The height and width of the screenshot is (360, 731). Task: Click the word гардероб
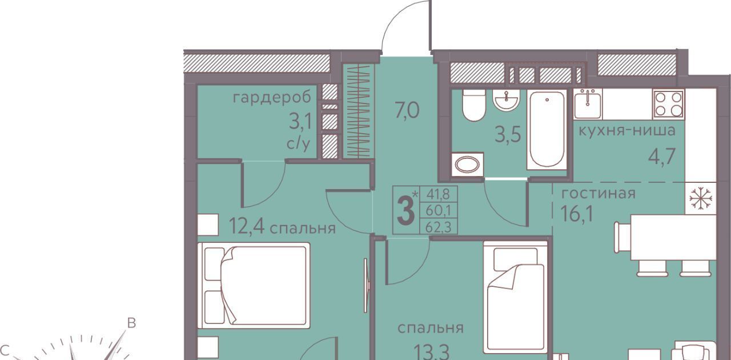pyautogui.click(x=272, y=98)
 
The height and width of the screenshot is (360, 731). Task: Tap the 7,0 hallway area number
pyautogui.click(x=407, y=110)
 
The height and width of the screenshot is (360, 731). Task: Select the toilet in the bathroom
pyautogui.click(x=474, y=105)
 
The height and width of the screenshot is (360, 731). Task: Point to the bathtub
pyautogui.click(x=547, y=130)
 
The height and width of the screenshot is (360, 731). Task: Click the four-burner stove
pyautogui.click(x=669, y=105)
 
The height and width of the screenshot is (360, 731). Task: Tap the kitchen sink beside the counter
pyautogui.click(x=588, y=104)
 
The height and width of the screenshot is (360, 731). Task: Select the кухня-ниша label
pyautogui.click(x=627, y=131)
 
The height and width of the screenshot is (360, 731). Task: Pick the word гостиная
pyautogui.click(x=599, y=193)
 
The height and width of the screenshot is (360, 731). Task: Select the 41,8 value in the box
pyautogui.click(x=438, y=194)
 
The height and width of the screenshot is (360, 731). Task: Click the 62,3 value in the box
pyautogui.click(x=438, y=227)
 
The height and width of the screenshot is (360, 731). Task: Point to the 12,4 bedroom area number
pyautogui.click(x=247, y=226)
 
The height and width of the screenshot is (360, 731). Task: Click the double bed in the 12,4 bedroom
pyautogui.click(x=254, y=285)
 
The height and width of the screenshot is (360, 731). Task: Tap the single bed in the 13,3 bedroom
pyautogui.click(x=515, y=297)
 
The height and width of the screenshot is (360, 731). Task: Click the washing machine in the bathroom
pyautogui.click(x=467, y=165)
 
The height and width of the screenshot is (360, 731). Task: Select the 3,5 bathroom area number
pyautogui.click(x=508, y=135)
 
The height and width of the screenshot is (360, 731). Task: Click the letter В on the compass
pyautogui.click(x=131, y=323)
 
